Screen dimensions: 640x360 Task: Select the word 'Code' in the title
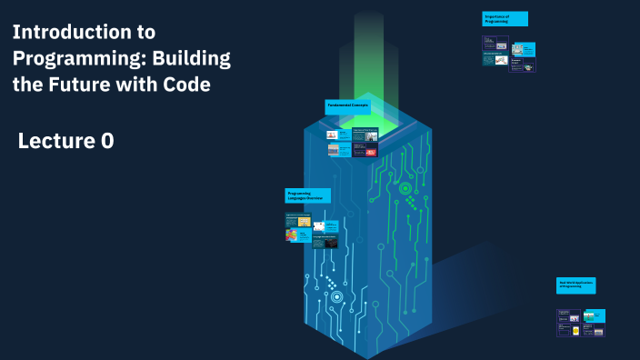pos(187,85)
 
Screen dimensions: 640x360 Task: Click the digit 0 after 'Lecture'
pos(106,141)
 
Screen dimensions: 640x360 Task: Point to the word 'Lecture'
pos(58,141)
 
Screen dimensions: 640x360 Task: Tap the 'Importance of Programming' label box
pos(505,19)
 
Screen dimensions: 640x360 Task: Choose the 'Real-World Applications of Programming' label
pos(575,285)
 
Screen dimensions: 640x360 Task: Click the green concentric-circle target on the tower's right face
pos(405,189)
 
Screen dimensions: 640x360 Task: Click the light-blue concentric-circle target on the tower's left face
pos(336,296)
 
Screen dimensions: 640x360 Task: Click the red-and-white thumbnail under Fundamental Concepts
pos(372,153)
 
